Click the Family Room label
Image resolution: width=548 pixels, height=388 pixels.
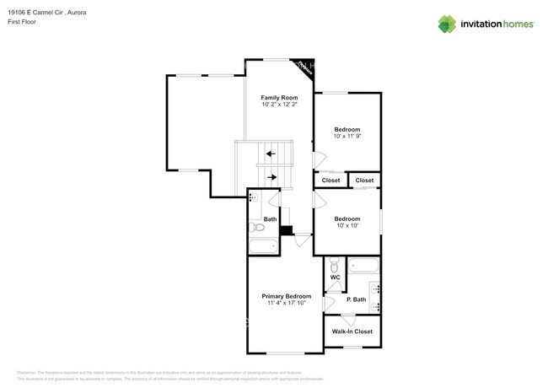pyautogui.click(x=279, y=98)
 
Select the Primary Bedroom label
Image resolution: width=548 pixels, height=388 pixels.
pyautogui.click(x=286, y=296)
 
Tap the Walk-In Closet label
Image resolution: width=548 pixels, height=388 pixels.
pyautogui.click(x=352, y=331)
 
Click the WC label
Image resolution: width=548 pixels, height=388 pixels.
pyautogui.click(x=335, y=277)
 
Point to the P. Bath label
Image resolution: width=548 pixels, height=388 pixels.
pyautogui.click(x=356, y=299)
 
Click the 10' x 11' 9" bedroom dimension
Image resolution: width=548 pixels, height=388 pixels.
pyautogui.click(x=347, y=136)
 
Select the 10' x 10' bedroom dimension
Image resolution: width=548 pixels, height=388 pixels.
pyautogui.click(x=347, y=225)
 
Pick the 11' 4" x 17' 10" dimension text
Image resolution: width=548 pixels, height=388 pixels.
pyautogui.click(x=286, y=303)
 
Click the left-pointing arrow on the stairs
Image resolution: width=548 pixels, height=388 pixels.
pyautogui.click(x=271, y=154)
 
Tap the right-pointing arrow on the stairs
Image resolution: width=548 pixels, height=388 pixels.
pyautogui.click(x=271, y=177)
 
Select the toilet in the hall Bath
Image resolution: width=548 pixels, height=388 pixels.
pyautogui.click(x=258, y=227)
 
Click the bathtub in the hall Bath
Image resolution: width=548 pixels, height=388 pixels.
pyautogui.click(x=263, y=247)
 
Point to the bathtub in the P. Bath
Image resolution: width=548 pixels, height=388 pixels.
pyautogui.click(x=365, y=267)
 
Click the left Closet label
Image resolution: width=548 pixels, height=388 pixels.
pyautogui.click(x=330, y=181)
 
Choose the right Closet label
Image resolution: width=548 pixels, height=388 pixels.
pyautogui.click(x=364, y=181)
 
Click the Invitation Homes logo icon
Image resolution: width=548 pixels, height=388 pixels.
pyautogui.click(x=447, y=24)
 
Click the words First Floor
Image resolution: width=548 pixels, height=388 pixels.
pyautogui.click(x=32, y=24)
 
